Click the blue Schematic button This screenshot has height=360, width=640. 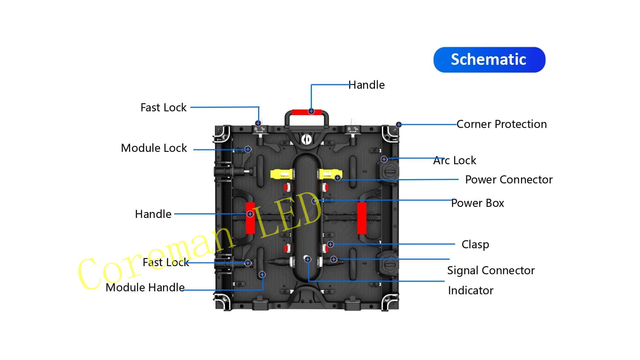tap(489, 60)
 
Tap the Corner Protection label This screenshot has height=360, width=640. tap(501, 124)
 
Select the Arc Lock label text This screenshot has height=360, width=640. tap(455, 160)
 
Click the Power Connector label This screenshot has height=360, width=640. tap(509, 180)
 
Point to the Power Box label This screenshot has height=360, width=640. tap(477, 203)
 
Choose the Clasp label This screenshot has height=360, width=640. tap(475, 244)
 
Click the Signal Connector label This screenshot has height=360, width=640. tap(491, 270)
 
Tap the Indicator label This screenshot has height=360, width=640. tap(471, 290)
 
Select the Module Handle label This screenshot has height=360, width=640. tap(145, 287)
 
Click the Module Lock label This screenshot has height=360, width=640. tap(154, 148)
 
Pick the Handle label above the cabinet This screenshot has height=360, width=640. tap(367, 85)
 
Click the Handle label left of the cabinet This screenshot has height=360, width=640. tap(153, 214)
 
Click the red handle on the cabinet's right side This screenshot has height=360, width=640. tap(361, 218)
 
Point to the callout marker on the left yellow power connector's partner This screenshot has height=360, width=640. tap(337, 178)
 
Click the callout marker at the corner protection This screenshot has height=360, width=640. tap(399, 125)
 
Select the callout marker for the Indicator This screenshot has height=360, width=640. tap(308, 259)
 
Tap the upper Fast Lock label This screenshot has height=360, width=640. tap(163, 107)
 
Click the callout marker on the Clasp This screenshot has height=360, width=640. tap(330, 244)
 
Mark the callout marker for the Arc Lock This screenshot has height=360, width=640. tap(384, 159)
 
